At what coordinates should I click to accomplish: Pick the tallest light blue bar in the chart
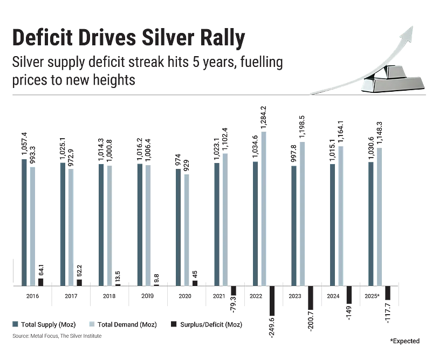point(263,207)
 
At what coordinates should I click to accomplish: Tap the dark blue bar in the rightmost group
point(371,222)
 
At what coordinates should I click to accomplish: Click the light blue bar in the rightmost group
point(380,215)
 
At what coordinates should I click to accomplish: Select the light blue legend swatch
point(92,324)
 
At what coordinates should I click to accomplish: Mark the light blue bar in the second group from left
point(72,227)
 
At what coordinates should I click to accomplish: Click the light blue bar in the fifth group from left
point(186,229)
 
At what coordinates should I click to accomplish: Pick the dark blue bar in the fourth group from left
point(139,223)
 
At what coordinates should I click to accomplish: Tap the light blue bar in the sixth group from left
point(224,218)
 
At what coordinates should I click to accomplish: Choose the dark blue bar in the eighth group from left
point(293,224)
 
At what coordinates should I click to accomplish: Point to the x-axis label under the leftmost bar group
point(32,296)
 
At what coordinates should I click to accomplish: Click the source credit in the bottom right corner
point(404,342)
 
